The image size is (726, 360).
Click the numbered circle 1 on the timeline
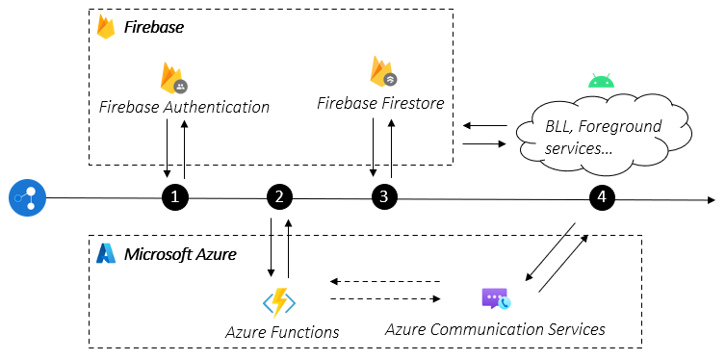[x=174, y=197]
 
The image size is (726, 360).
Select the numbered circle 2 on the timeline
[x=279, y=197]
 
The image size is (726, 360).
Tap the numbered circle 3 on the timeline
[x=384, y=197]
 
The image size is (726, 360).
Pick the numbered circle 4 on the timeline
[x=602, y=197]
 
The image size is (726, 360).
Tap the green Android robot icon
[x=601, y=81]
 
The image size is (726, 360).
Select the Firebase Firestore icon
[x=382, y=71]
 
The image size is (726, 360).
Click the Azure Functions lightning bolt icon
[x=279, y=302]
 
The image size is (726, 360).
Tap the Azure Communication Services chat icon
[x=495, y=298]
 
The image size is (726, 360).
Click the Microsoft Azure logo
[x=106, y=254]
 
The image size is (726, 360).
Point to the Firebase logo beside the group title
[x=106, y=27]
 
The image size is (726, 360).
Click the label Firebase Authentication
[x=184, y=107]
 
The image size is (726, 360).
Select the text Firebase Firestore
[x=380, y=101]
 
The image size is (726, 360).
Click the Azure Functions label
[x=282, y=332]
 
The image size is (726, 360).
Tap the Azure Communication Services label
[x=495, y=329]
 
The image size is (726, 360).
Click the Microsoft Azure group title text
[x=180, y=254]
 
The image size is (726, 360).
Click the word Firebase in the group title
[x=154, y=28]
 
